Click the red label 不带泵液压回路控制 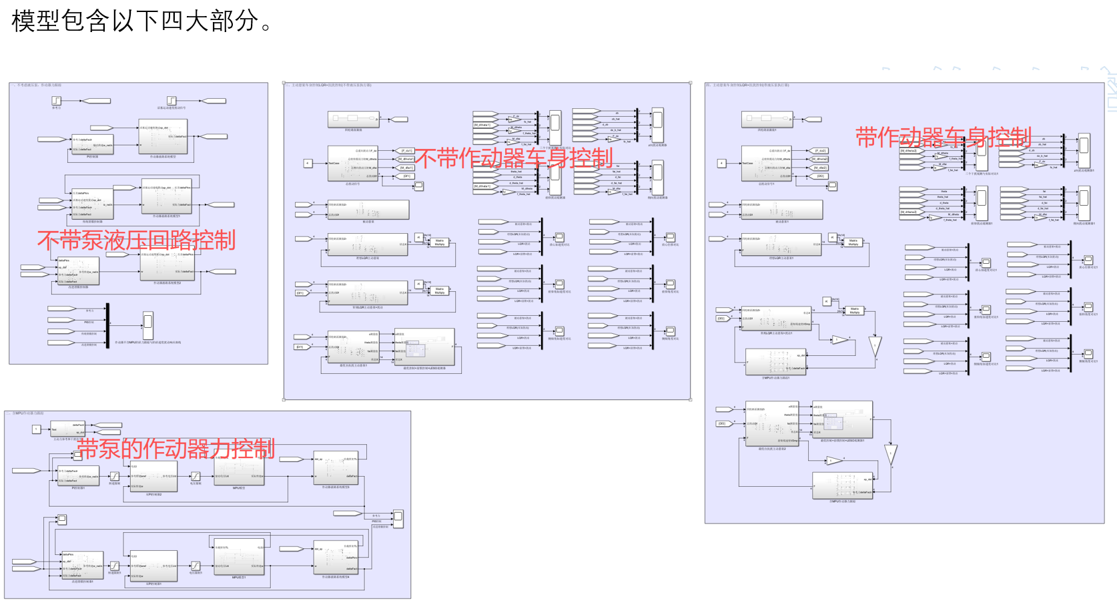(x=136, y=240)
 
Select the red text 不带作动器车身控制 (x=514, y=158)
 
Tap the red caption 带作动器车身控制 (x=944, y=138)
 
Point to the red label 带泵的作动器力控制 (x=175, y=449)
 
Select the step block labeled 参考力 (x=57, y=101)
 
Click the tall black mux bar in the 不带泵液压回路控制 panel (x=107, y=325)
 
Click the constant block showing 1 (x=37, y=429)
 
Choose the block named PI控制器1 (x=78, y=475)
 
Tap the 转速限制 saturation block (x=115, y=476)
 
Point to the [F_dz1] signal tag (x=406, y=151)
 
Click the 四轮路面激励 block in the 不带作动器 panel (x=354, y=120)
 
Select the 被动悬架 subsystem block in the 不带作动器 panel (x=368, y=210)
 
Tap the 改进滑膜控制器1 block (x=82, y=565)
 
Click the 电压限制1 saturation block (x=196, y=566)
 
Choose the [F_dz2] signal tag (x=821, y=151)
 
